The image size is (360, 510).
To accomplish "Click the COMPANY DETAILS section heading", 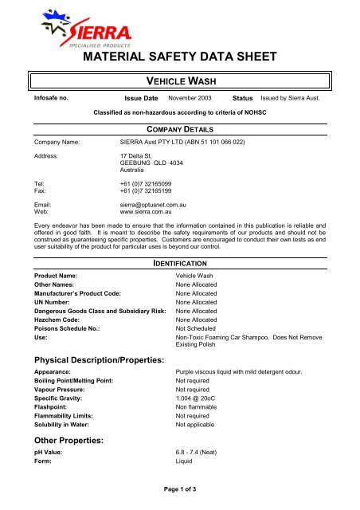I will [x=179, y=128].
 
